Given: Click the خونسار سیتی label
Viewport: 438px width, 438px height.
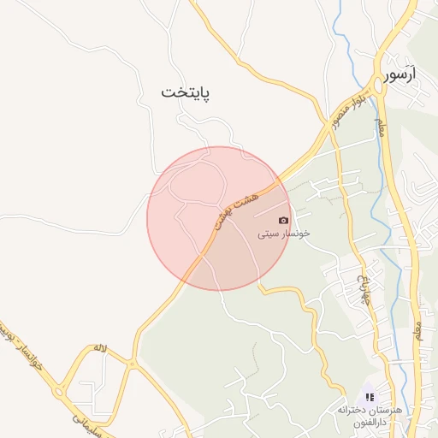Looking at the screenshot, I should [x=284, y=233].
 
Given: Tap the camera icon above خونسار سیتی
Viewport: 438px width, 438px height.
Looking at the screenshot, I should [x=284, y=220].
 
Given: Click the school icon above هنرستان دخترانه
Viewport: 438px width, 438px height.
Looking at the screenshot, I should [x=370, y=397].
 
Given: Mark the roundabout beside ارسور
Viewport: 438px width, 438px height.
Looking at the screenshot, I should [x=377, y=86].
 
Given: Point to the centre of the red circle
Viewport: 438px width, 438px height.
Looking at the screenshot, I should [x=219, y=218].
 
